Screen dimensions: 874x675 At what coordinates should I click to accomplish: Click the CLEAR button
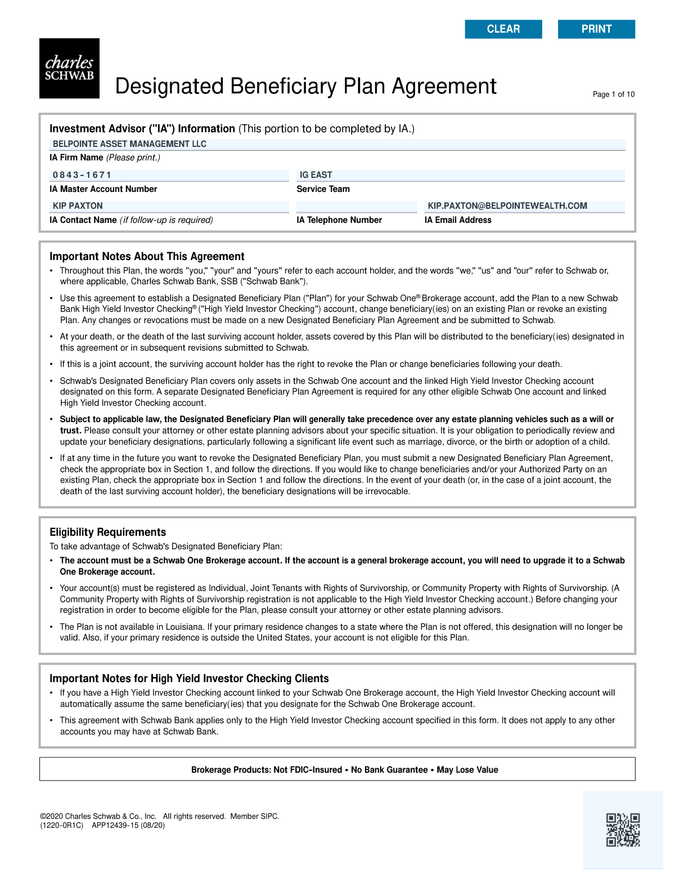pyautogui.click(x=503, y=29)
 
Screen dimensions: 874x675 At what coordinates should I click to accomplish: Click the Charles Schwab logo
pyautogui.click(x=69, y=69)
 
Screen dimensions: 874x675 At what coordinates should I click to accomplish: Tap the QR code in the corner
pyautogui.click(x=623, y=830)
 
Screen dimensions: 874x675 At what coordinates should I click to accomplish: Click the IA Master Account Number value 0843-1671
pyautogui.click(x=169, y=175)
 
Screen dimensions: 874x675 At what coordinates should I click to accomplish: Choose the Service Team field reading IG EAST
pyautogui.click(x=460, y=175)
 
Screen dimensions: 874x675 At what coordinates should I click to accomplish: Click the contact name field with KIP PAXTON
pyautogui.click(x=169, y=206)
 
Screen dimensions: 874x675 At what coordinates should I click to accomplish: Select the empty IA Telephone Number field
pyautogui.click(x=357, y=206)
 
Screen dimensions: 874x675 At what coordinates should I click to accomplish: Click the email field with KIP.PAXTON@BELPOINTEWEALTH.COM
pyautogui.click(x=524, y=206)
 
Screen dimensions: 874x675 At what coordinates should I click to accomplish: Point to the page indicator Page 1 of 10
pyautogui.click(x=613, y=95)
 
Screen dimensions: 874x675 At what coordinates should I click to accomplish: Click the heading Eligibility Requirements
pyautogui.click(x=108, y=532)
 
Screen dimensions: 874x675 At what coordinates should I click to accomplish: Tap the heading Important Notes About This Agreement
pyautogui.click(x=147, y=257)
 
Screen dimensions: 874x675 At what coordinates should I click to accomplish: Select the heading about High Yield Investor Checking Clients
pyautogui.click(x=189, y=679)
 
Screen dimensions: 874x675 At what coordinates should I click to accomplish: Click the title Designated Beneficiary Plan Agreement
pyautogui.click(x=305, y=87)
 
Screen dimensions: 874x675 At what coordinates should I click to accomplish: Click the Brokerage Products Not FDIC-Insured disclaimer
pyautogui.click(x=344, y=770)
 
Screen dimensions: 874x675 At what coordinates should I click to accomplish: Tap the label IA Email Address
pyautogui.click(x=458, y=220)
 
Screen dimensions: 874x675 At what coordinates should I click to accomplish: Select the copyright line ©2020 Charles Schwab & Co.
pyautogui.click(x=98, y=817)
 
